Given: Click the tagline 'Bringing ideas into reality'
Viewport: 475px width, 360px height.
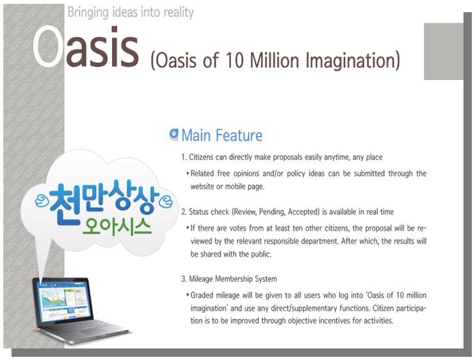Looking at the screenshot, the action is pyautogui.click(x=131, y=13).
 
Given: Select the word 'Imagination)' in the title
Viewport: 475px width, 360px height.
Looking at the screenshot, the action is pyautogui.click(x=353, y=61).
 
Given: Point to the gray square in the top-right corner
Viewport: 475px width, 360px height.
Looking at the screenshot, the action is pyautogui.click(x=444, y=51).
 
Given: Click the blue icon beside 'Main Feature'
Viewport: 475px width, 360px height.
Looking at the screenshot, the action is pyautogui.click(x=174, y=135).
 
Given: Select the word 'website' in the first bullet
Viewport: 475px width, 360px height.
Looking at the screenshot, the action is pyautogui.click(x=202, y=186).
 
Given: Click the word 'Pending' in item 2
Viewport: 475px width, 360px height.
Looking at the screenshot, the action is pyautogui.click(x=271, y=211).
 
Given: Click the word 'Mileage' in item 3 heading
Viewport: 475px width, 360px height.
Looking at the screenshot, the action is pyautogui.click(x=200, y=279).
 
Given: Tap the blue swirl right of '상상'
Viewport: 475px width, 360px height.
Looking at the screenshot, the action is pyautogui.click(x=166, y=202).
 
